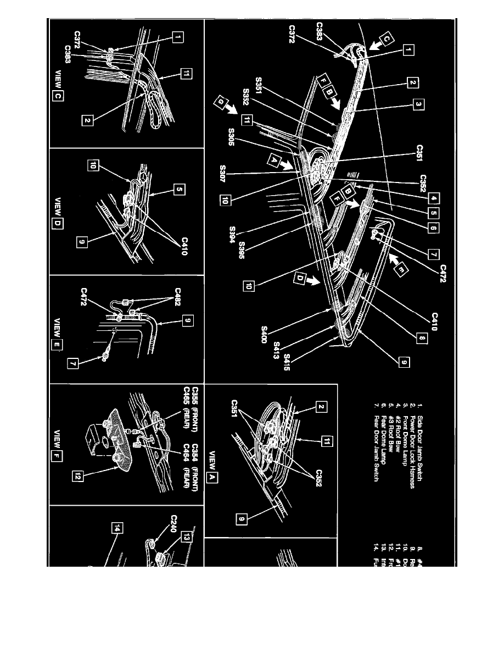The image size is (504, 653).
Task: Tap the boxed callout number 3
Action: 418,105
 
